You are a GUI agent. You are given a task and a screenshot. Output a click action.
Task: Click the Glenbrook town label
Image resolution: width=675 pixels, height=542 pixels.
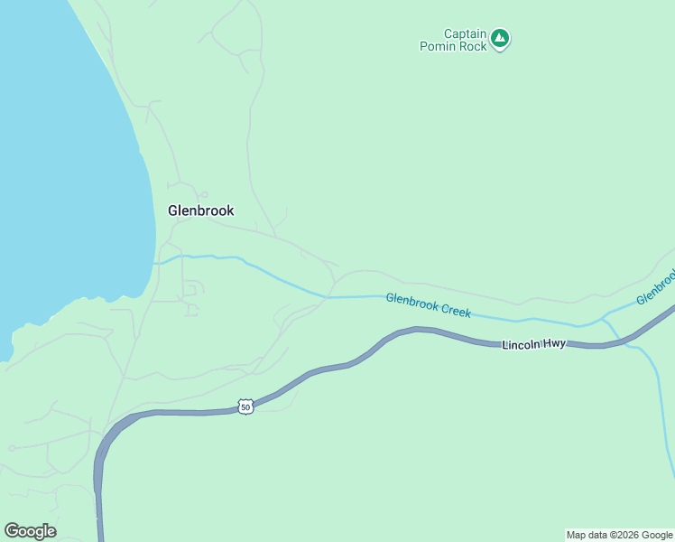click(200, 210)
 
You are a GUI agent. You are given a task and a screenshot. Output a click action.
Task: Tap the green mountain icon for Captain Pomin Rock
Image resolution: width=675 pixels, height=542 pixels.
click(500, 39)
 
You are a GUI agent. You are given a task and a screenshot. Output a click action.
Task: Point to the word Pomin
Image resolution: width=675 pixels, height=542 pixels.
click(439, 46)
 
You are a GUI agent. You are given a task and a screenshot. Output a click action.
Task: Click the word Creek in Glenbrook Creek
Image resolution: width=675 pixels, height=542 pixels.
click(455, 310)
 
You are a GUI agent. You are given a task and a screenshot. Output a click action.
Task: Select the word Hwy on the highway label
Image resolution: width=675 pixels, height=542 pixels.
click(554, 344)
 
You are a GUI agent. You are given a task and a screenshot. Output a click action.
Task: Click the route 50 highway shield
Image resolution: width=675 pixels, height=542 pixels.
click(245, 407)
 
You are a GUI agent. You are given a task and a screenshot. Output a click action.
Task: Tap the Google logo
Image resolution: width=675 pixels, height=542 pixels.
click(30, 531)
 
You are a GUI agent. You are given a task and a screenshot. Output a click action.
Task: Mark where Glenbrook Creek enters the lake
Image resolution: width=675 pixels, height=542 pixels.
click(156, 263)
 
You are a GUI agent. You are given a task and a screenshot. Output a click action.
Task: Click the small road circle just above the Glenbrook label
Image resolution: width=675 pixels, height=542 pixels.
click(204, 194)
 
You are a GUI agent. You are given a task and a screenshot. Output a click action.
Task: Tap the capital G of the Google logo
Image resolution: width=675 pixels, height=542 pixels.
click(11, 530)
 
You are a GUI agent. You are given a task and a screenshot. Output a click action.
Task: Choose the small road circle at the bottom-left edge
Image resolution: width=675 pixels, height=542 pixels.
click(11, 448)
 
